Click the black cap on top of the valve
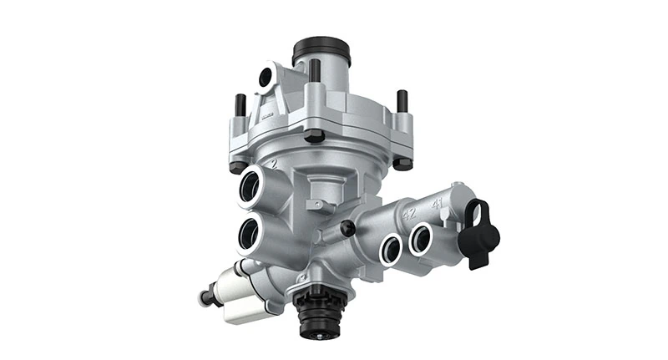pyautogui.click(x=321, y=50)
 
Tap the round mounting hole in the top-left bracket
pyautogui.click(x=266, y=78)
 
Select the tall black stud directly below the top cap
pyautogui.click(x=315, y=73)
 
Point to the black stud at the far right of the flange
pyautogui.click(x=402, y=101)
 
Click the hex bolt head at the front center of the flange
pyautogui.click(x=315, y=134)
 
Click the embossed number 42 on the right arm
pyautogui.click(x=409, y=214)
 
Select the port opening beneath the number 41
pyautogui.click(x=420, y=239)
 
